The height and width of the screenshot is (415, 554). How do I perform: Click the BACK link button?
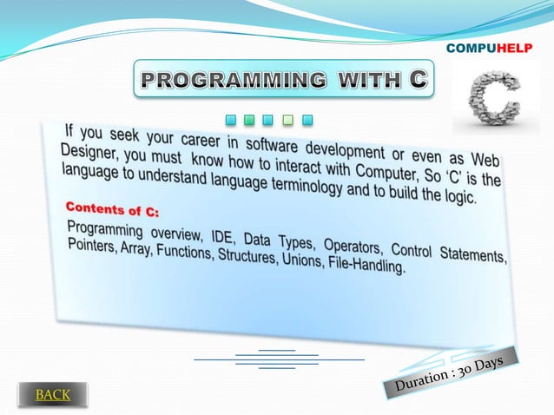(53, 395)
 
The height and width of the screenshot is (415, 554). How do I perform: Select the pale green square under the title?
(287, 119)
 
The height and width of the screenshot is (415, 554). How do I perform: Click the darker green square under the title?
(248, 119)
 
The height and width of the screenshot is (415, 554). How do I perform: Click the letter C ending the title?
(418, 79)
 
